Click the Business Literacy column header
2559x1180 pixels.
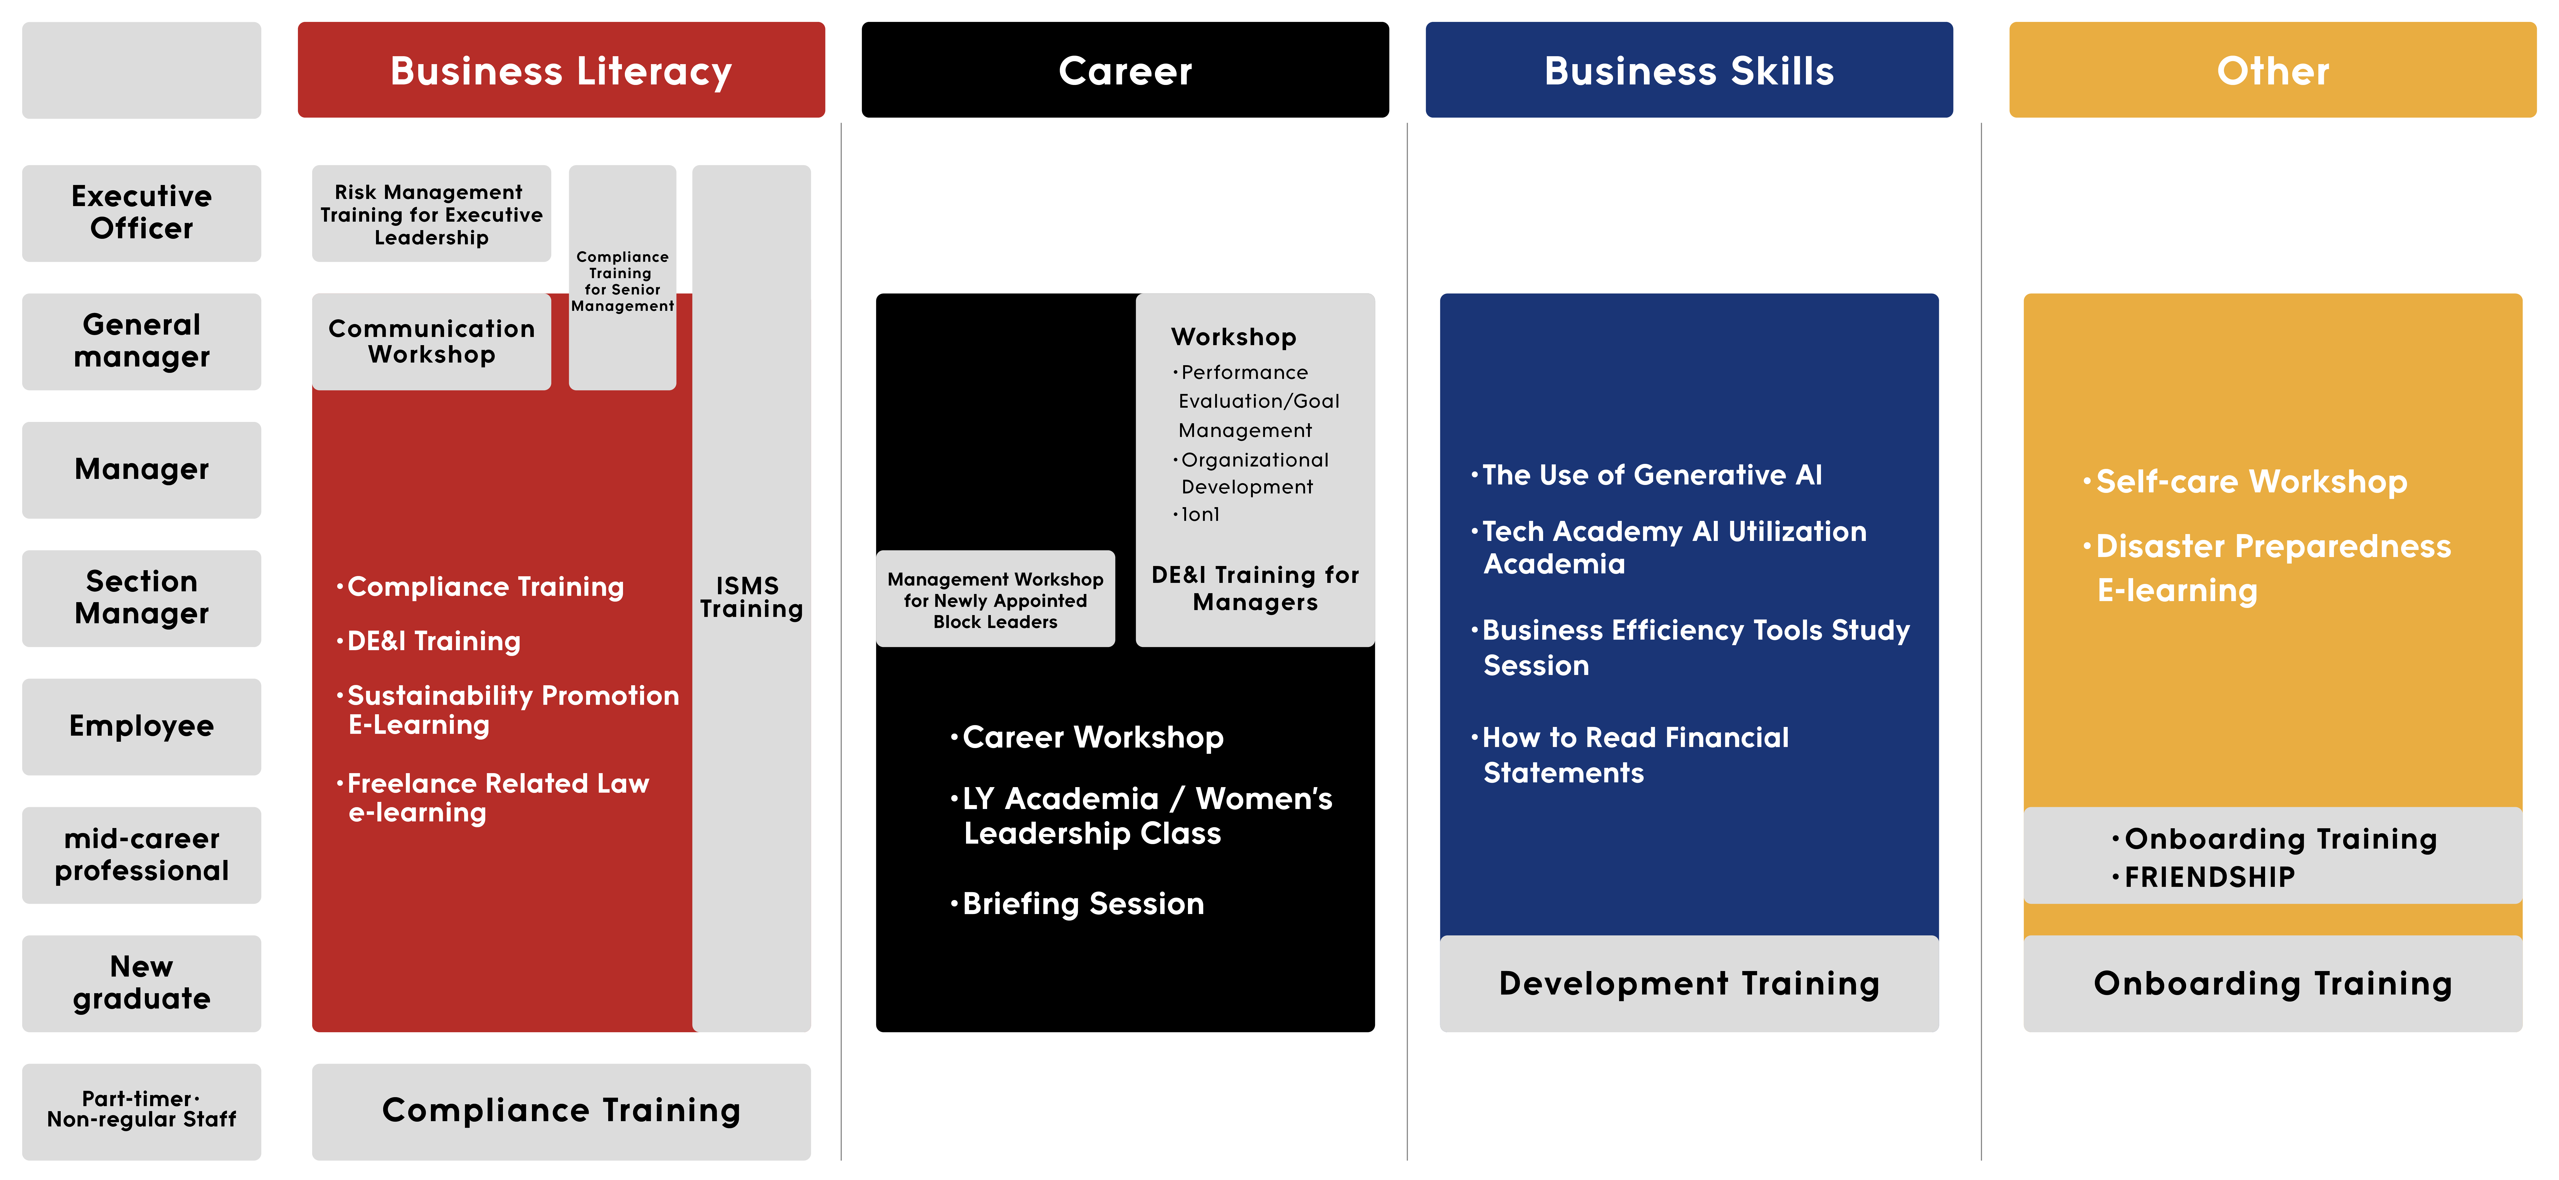coord(561,70)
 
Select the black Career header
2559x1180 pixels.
coord(1125,70)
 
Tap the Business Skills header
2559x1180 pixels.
coord(1689,70)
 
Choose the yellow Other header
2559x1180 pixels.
coord(2273,70)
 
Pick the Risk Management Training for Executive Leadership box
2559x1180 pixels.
coord(431,213)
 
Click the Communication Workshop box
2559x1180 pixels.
coord(431,341)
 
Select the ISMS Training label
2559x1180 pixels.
coord(751,597)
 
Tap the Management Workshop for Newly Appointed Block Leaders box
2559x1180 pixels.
coord(995,599)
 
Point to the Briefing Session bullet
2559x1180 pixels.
coord(1078,904)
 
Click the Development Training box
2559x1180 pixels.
coord(1689,983)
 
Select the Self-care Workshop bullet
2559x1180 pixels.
coord(2245,482)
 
